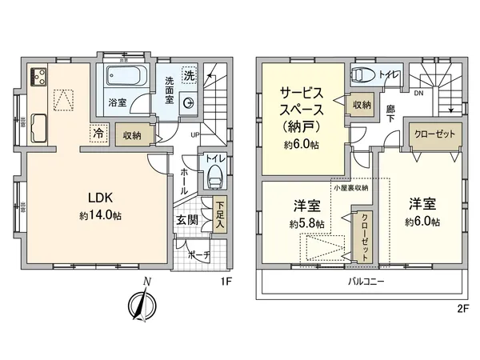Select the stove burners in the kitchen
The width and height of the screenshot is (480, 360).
(38, 78)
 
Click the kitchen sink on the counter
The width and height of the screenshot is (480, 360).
(38, 130)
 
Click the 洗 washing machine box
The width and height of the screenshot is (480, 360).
(189, 74)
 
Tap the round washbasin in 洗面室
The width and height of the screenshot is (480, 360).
(189, 102)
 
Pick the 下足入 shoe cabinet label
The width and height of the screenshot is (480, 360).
(219, 212)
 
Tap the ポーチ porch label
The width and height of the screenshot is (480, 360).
(197, 255)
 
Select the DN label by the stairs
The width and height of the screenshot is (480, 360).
(417, 94)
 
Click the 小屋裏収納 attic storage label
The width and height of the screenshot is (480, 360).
(352, 187)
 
